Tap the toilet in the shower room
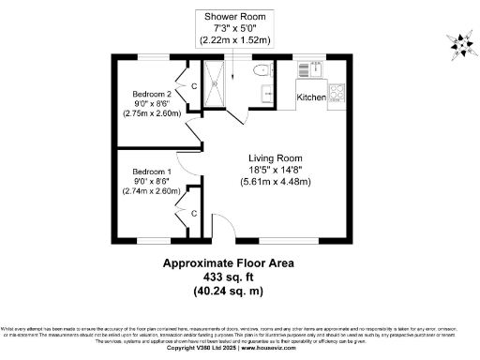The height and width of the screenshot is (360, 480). (262, 69)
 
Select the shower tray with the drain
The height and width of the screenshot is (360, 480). (215, 83)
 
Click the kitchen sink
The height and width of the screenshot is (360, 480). (309, 68)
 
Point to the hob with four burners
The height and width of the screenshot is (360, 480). (337, 94)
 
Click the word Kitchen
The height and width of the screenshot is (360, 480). (310, 97)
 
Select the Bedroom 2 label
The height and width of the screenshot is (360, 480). (151, 95)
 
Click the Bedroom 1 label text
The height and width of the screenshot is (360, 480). (151, 172)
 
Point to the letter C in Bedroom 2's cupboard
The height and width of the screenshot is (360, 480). (194, 86)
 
